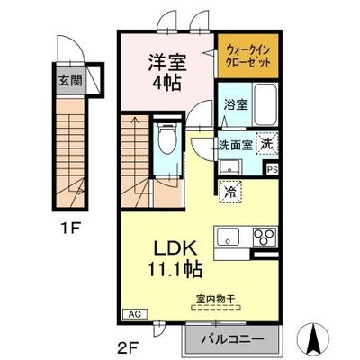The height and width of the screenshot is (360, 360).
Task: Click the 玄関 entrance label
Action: [x=70, y=80]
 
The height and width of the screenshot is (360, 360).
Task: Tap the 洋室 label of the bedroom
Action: [x=167, y=62]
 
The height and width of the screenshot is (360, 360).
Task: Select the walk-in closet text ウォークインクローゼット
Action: [x=248, y=56]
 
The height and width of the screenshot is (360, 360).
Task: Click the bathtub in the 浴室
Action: [x=265, y=105]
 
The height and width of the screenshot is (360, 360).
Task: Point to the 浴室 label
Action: [x=236, y=104]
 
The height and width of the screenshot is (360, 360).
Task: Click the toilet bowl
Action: [x=167, y=139]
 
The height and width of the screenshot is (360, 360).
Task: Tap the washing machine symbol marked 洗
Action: [x=267, y=143]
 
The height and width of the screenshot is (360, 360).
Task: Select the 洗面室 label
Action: [x=236, y=145]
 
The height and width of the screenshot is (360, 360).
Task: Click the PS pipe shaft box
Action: [x=273, y=170]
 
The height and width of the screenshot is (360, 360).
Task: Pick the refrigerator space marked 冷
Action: [x=230, y=192]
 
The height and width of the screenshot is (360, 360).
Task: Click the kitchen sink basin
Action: [x=229, y=237]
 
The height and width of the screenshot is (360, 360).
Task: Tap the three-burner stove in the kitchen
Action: [x=265, y=237]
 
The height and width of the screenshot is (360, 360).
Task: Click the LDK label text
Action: [x=175, y=247]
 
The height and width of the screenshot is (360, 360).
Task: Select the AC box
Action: [x=135, y=314]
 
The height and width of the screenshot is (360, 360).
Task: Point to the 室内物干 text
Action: [x=215, y=299]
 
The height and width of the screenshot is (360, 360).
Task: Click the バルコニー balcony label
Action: [x=233, y=339]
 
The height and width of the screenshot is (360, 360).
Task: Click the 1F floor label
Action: [x=71, y=229]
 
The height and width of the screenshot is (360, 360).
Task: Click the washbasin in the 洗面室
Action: [x=229, y=167]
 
